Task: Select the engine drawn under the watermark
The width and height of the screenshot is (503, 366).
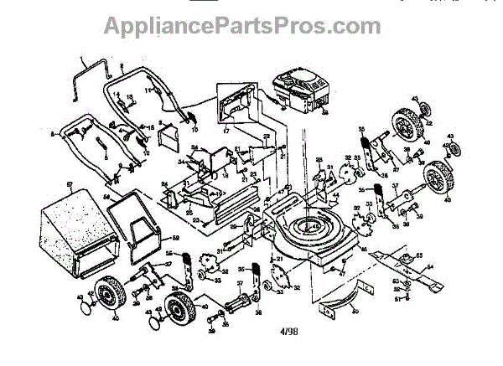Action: (298, 89)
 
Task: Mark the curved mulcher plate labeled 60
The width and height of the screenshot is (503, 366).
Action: (331, 302)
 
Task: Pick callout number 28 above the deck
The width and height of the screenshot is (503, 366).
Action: (318, 160)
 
